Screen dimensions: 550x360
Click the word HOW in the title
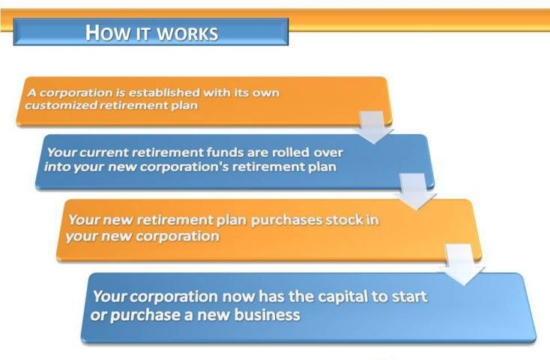pos(105,32)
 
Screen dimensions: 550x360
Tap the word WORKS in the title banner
pos(187,34)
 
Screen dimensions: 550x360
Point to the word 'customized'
pos(61,105)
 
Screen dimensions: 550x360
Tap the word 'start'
pos(410,297)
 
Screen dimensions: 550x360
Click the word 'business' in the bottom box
pos(267,315)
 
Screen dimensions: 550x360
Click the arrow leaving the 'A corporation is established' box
pos(373,127)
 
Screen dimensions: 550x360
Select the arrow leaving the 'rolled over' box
pos(415,192)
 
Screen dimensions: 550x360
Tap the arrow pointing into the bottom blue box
pos(462,265)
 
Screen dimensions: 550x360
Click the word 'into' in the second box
pos(57,166)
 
